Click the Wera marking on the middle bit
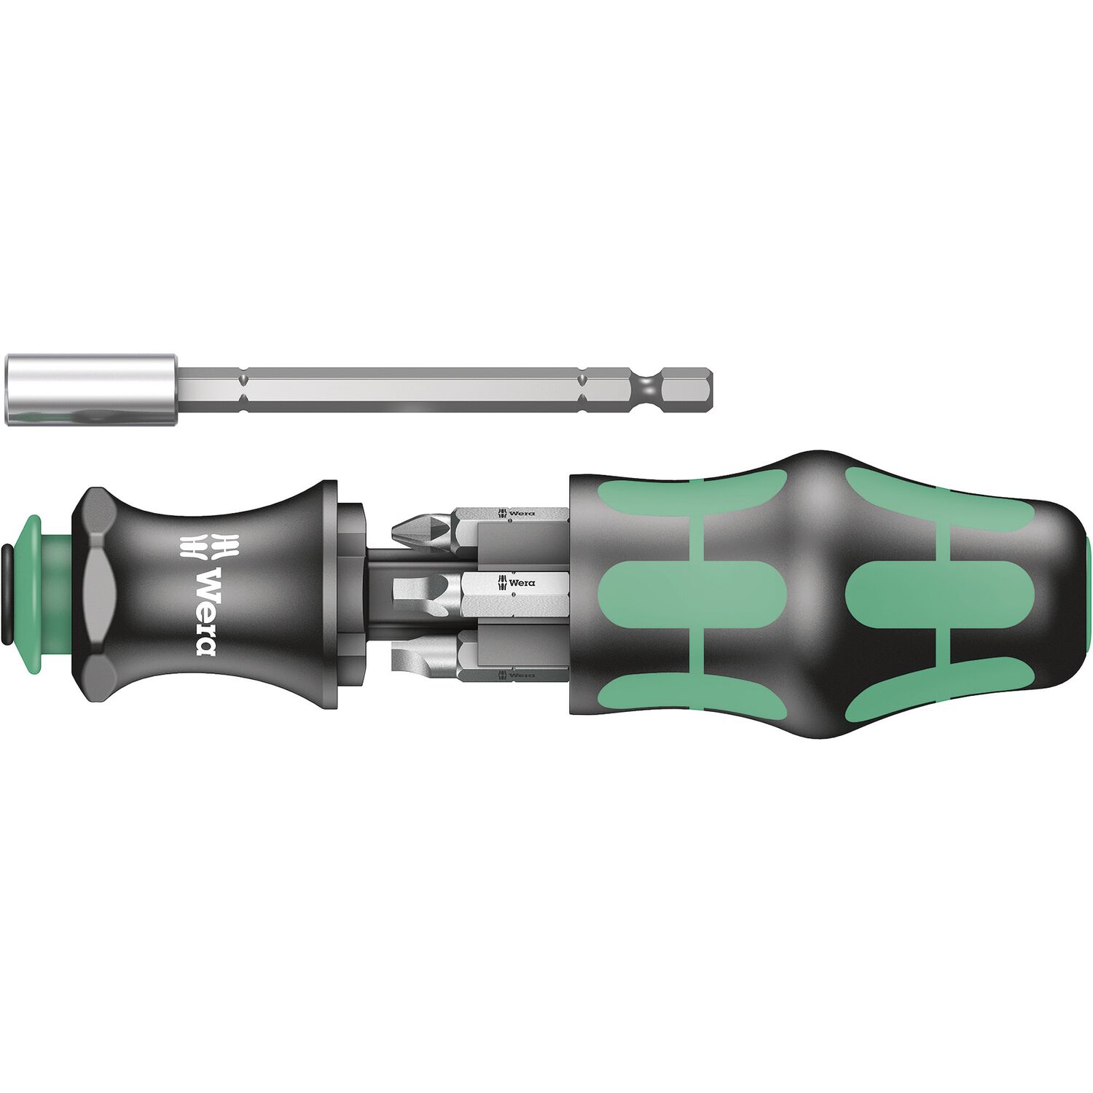516,582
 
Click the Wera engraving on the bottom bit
516,675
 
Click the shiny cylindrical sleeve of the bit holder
91,390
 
